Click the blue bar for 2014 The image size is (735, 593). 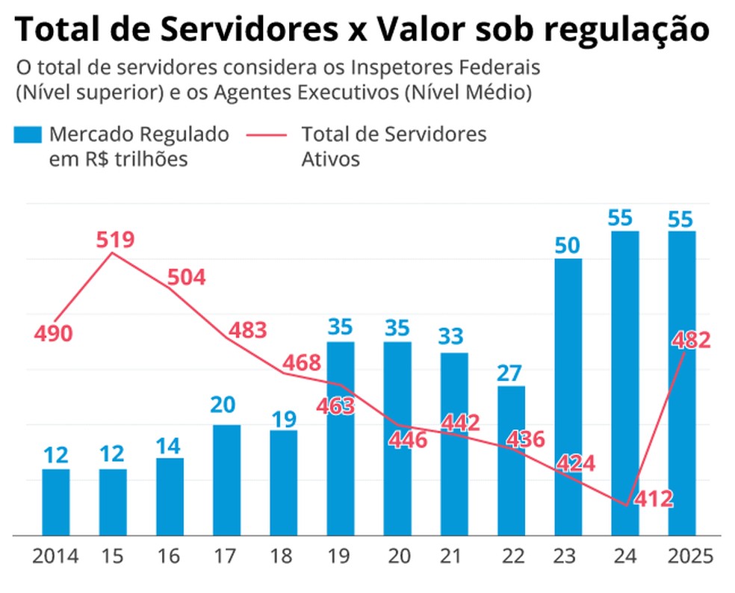coord(55,502)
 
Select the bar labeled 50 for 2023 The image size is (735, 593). coord(568,396)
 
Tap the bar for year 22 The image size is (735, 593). coord(511,460)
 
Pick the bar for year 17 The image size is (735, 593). coord(226,479)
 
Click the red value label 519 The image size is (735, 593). coord(115,240)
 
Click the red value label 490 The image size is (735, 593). coord(53,334)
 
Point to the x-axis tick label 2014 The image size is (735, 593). coord(56,556)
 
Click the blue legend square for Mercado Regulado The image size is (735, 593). coord(28,134)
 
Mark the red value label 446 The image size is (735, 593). coord(408,440)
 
